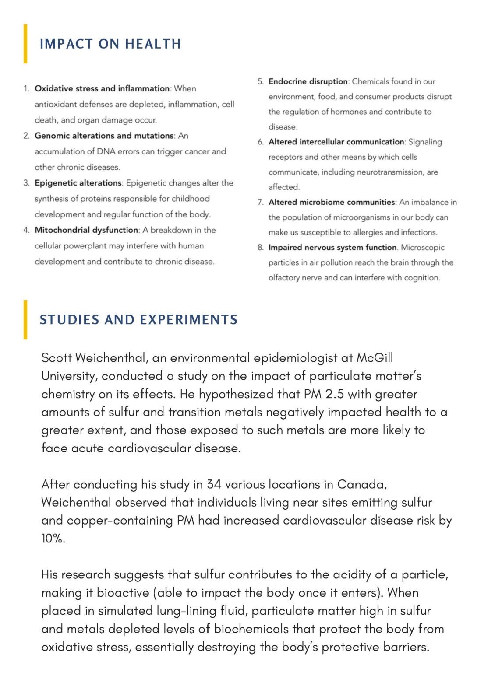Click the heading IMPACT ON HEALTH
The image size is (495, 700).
click(110, 44)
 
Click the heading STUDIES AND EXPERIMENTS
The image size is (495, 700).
click(138, 320)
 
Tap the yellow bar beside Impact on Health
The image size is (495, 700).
click(25, 43)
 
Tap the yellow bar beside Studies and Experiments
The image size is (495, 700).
click(25, 320)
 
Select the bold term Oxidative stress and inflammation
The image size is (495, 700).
click(102, 88)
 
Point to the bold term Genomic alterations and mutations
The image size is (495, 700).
click(104, 136)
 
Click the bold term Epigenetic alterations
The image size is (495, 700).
click(78, 183)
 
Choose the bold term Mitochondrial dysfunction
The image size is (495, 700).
click(86, 230)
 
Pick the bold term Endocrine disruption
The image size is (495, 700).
click(308, 81)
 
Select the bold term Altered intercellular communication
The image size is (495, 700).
click(336, 142)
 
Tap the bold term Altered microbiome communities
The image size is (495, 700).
click(332, 202)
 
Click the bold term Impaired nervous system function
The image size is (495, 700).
click(332, 248)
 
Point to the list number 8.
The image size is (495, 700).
click(260, 248)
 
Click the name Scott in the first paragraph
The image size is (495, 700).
click(57, 358)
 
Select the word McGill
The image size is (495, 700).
click(375, 358)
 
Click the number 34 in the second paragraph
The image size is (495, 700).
click(214, 484)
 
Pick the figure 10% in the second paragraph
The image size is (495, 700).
click(53, 539)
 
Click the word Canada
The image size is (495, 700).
click(361, 484)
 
